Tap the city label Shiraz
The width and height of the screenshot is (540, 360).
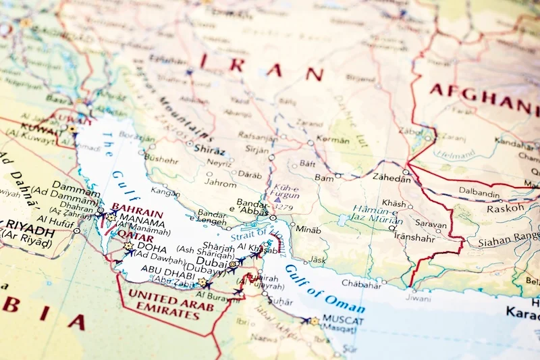coord(209,149)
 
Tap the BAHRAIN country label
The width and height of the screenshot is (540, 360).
coord(137,209)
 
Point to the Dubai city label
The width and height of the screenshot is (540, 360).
coord(211,261)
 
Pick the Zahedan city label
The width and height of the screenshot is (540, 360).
coord(391,178)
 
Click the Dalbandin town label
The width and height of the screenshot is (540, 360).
coord(479,192)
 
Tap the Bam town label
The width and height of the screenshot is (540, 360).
coord(324,178)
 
